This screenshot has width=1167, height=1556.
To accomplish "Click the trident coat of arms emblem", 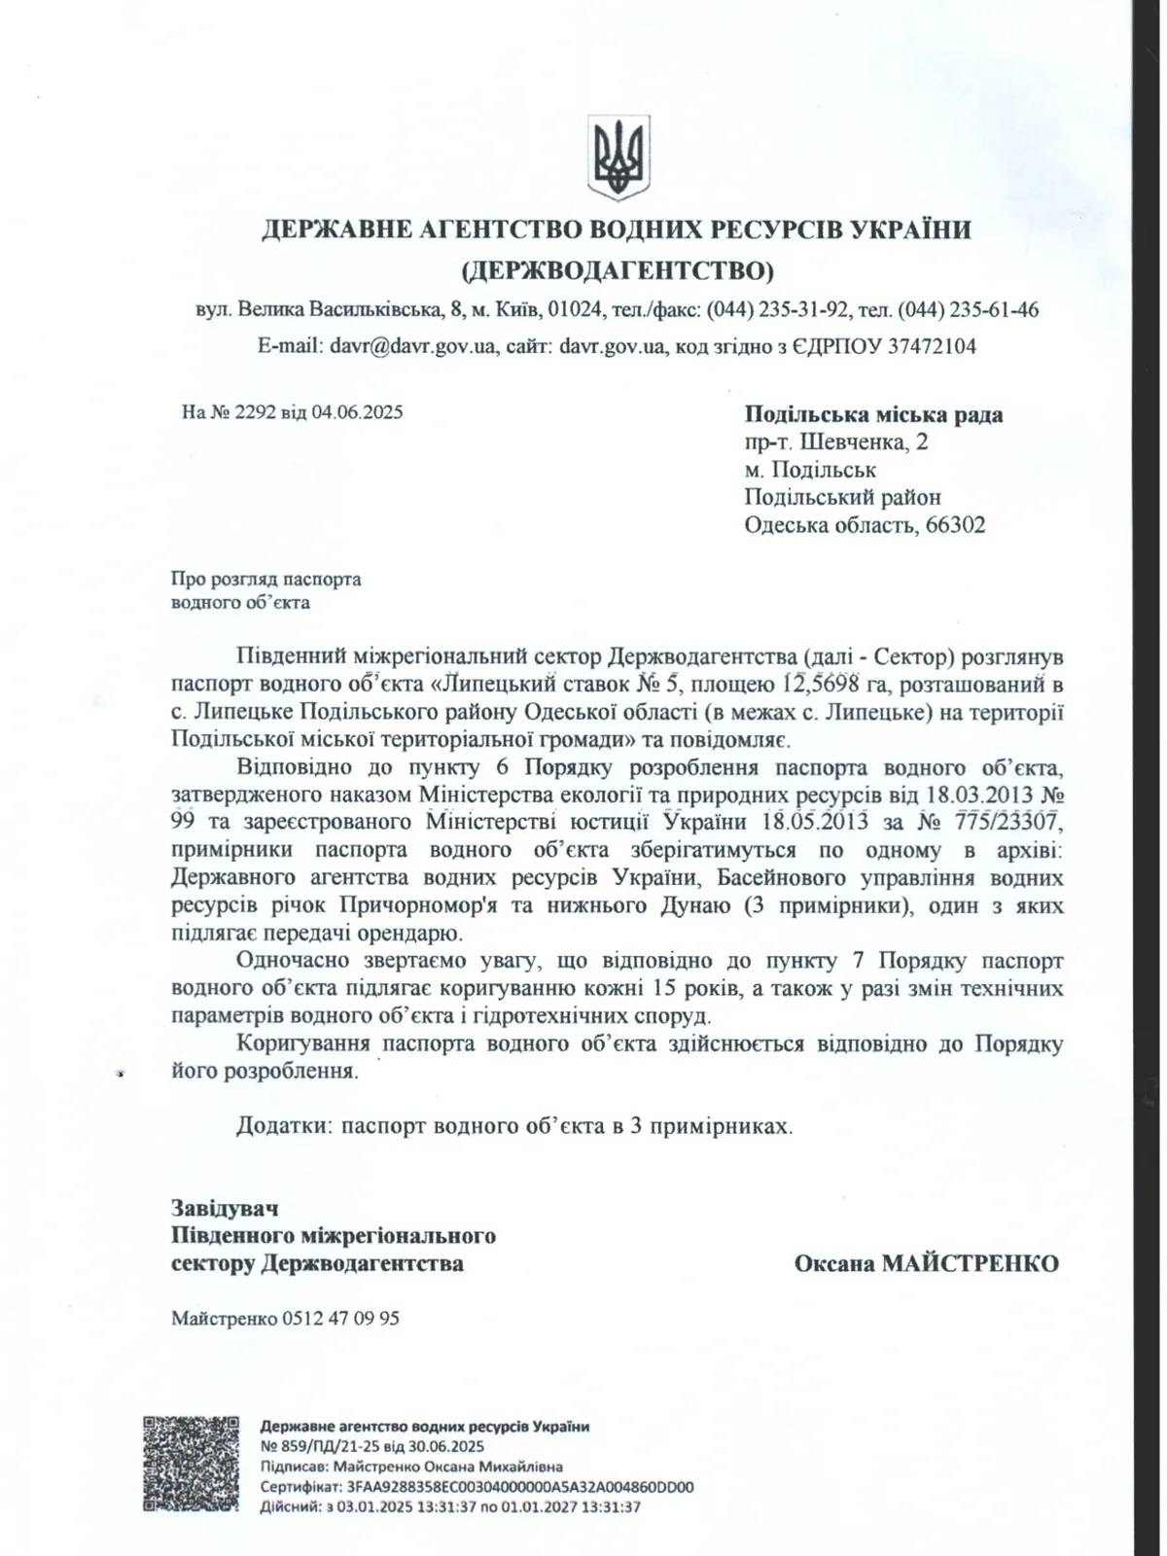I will tap(619, 156).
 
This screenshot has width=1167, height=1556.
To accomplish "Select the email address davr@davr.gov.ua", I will tap(413, 346).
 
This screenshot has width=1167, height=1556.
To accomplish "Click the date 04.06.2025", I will tap(357, 411).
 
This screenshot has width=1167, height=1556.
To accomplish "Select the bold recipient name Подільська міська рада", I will tap(873, 415).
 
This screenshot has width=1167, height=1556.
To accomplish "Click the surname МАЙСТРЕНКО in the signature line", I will tap(969, 1263).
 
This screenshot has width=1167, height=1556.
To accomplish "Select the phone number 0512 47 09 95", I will tap(340, 1319).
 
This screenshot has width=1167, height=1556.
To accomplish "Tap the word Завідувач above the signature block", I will tap(225, 1209).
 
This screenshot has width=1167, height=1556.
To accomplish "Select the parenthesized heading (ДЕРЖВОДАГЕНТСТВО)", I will tap(618, 268).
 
